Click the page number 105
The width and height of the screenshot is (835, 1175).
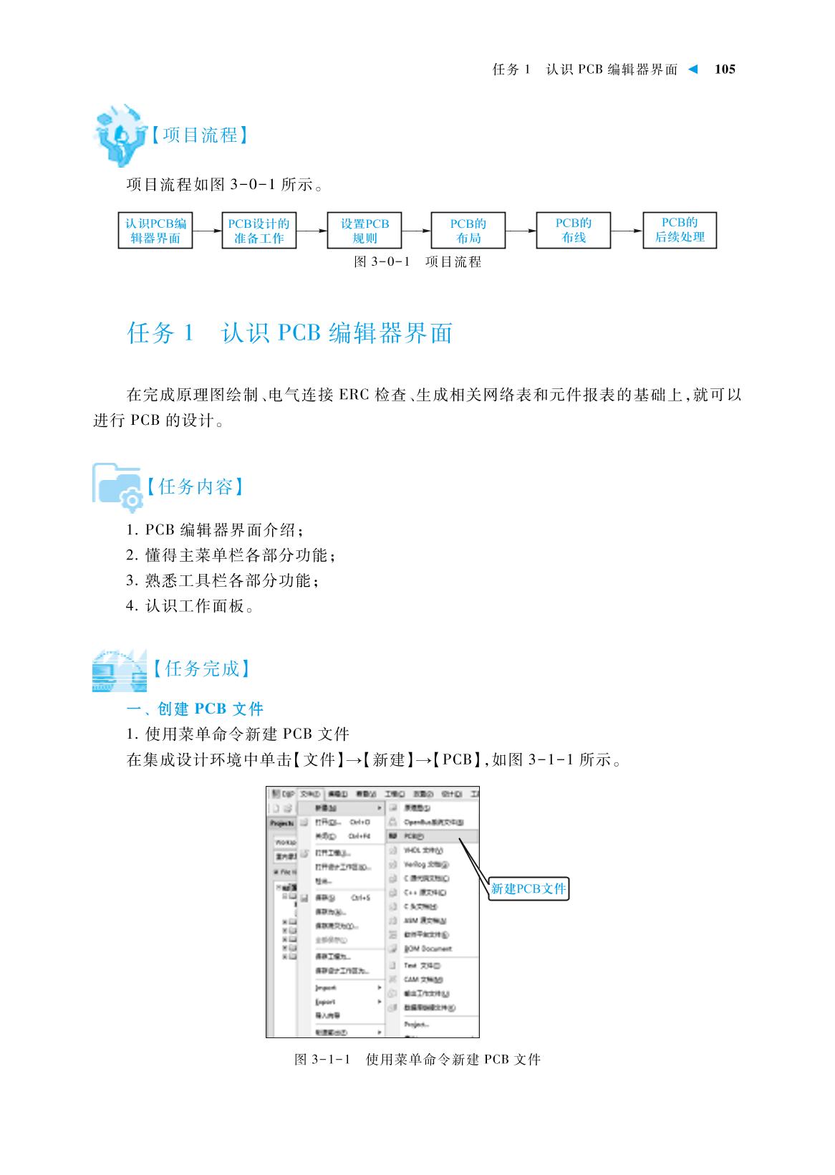pyautogui.click(x=725, y=69)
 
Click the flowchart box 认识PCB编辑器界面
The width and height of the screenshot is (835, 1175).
pyautogui.click(x=155, y=231)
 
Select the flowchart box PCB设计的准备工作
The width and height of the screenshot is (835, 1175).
pyautogui.click(x=259, y=231)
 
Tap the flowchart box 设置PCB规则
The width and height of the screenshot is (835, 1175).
pyautogui.click(x=365, y=231)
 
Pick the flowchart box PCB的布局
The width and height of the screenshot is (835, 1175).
pyautogui.click(x=468, y=231)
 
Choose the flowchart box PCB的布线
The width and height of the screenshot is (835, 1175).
pyautogui.click(x=574, y=230)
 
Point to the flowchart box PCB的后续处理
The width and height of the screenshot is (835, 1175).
pyautogui.click(x=680, y=230)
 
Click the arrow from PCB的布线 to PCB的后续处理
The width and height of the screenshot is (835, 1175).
pyautogui.click(x=627, y=231)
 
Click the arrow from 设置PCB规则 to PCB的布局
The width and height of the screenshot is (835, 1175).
pyautogui.click(x=416, y=231)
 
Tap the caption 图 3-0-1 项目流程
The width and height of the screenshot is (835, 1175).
pyautogui.click(x=417, y=262)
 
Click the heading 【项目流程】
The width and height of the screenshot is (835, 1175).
pyautogui.click(x=200, y=135)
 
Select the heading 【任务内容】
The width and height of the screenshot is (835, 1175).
pyautogui.click(x=196, y=487)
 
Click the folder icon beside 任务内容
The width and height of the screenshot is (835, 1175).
pyautogui.click(x=117, y=486)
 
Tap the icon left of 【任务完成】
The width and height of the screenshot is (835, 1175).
pyautogui.click(x=118, y=671)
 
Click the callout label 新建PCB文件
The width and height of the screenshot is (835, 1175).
pyautogui.click(x=528, y=889)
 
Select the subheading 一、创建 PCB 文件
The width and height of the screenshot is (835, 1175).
pyautogui.click(x=195, y=709)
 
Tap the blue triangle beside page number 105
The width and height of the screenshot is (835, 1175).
pyautogui.click(x=692, y=69)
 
